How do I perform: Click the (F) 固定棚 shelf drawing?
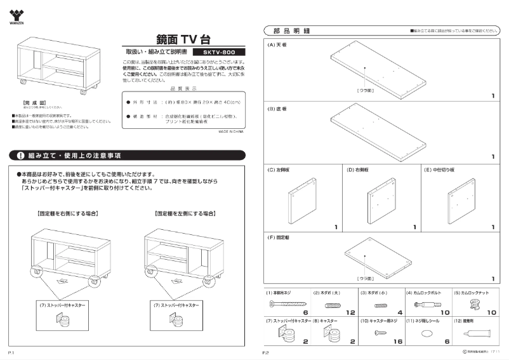(378, 256)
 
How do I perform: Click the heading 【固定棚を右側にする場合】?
(67, 214)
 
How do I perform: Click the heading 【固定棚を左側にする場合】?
(181, 214)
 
